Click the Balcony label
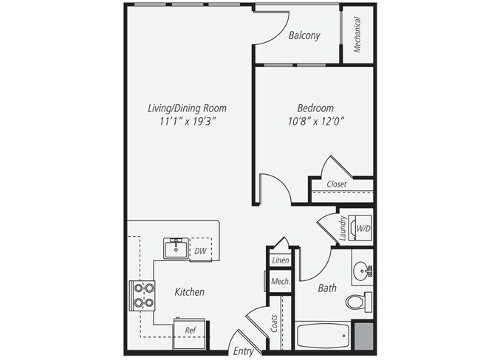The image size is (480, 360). pos(304,35)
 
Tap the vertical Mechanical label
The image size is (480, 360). pos(357,35)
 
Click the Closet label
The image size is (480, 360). pos(337,184)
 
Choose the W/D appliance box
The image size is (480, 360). pos(363,229)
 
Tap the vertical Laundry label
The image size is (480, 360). pos(343,228)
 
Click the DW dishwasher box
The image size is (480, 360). pos(199,251)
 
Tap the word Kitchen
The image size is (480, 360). pos(189,292)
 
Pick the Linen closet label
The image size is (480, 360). pos(280,260)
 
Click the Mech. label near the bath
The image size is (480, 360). pos(280,282)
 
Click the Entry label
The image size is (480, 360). pos(244,351)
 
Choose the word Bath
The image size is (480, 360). pos(327,288)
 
